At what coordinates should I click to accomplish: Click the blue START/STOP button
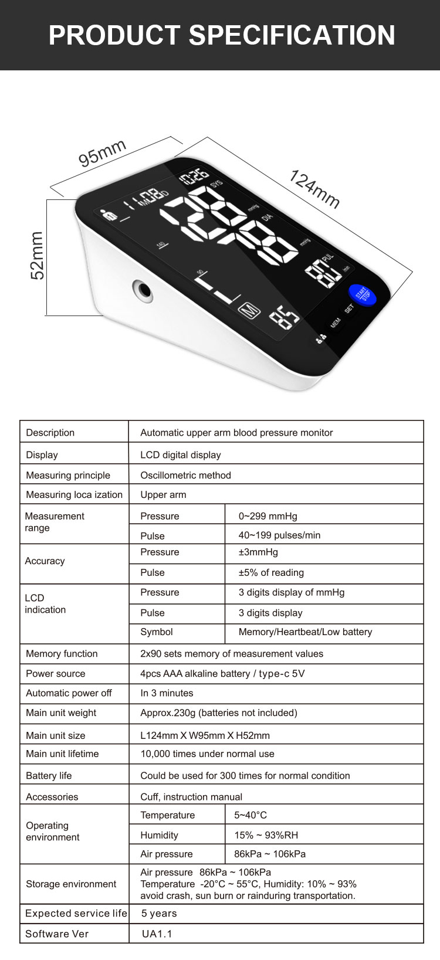coord(363,294)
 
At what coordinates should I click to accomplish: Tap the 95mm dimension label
coord(103,153)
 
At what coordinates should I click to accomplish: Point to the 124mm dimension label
coord(314,189)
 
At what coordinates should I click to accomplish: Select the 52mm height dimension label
coord(37,256)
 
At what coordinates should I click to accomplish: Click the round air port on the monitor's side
coord(142,290)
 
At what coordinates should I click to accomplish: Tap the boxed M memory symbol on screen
coord(251,310)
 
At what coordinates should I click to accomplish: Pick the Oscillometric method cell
coord(185,475)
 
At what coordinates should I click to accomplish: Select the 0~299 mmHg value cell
coord(268,516)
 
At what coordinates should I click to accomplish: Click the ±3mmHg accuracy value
coord(258,552)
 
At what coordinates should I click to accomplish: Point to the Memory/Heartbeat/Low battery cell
coord(305,632)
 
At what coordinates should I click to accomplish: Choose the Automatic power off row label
coord(69,693)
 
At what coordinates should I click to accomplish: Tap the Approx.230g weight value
coord(218,713)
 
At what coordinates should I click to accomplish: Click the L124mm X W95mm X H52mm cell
coord(205,735)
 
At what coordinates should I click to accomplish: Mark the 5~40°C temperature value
coord(251,815)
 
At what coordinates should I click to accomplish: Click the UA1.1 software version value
coord(157,934)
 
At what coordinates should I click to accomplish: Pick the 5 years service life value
coord(159,913)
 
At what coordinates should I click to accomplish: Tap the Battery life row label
coord(49,775)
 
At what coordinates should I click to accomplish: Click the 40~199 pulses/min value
coord(279,535)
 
